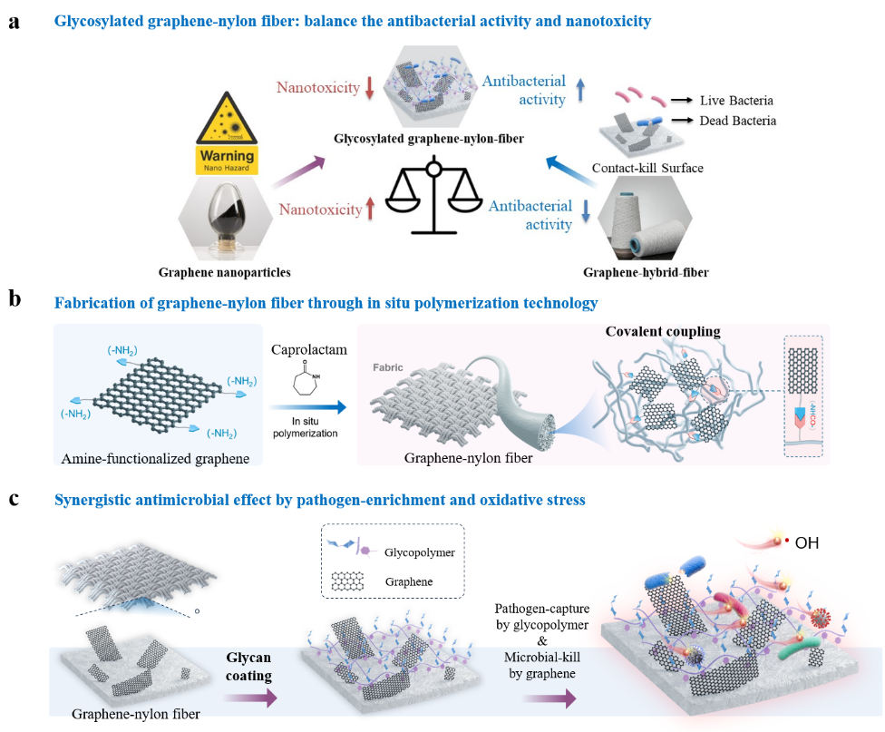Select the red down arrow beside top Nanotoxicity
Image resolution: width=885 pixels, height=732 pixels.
point(369,88)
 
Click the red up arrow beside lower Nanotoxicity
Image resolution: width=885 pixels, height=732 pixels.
point(369,210)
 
